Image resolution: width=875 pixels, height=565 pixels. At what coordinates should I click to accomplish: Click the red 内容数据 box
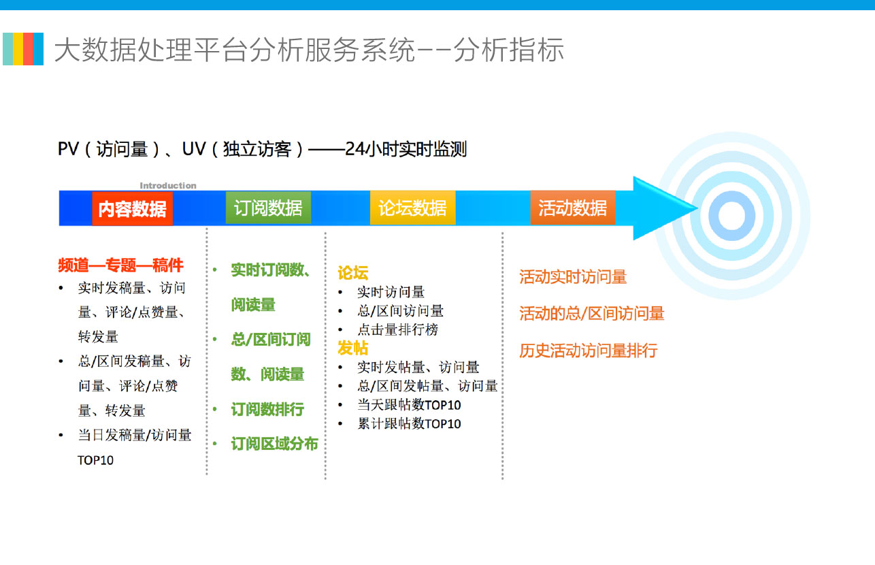click(133, 208)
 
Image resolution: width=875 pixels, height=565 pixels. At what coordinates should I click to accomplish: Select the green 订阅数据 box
click(268, 208)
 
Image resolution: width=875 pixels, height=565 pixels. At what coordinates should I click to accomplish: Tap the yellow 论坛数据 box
click(412, 208)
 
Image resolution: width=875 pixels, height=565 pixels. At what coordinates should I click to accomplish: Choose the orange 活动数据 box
click(573, 208)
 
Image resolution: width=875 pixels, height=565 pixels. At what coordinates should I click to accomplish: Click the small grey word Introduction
click(168, 186)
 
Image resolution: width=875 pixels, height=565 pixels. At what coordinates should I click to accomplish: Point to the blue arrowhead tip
click(697, 208)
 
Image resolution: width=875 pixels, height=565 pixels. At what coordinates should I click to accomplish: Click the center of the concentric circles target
click(731, 216)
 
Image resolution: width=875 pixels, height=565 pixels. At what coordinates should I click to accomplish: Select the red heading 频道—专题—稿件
click(120, 265)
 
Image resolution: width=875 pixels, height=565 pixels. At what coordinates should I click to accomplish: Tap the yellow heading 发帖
click(352, 348)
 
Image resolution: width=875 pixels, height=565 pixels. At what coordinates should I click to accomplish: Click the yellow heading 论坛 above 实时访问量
click(352, 273)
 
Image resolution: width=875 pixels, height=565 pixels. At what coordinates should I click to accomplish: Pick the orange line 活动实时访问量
click(573, 277)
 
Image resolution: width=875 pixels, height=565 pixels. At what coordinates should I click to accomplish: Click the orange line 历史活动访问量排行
click(589, 351)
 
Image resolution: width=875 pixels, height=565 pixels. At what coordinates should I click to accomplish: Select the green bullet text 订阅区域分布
click(274, 444)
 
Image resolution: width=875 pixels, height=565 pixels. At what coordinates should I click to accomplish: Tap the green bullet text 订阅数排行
click(267, 409)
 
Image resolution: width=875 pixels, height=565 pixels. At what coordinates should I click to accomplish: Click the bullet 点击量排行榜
click(397, 329)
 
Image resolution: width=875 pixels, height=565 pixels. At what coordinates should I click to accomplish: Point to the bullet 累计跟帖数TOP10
click(409, 423)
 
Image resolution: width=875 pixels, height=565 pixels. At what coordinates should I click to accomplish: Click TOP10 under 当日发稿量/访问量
click(95, 460)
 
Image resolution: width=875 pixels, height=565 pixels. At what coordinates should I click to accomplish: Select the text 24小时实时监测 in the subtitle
click(406, 149)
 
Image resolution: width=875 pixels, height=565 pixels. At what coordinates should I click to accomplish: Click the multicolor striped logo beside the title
click(23, 49)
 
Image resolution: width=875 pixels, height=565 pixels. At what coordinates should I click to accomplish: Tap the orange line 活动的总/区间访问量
click(592, 313)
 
